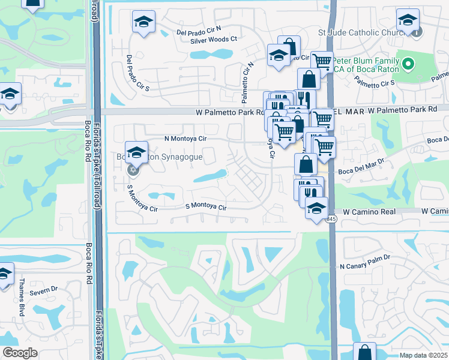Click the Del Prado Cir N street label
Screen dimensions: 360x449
199,31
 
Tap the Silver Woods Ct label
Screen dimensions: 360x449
214,40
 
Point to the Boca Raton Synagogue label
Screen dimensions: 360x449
164,158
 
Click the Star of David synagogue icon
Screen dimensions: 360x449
133,170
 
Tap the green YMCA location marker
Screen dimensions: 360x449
408,63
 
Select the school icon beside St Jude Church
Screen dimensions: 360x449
408,21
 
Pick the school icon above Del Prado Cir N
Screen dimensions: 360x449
143,22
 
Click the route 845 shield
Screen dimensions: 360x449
331,220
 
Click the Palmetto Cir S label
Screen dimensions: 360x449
375,84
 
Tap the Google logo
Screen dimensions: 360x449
20,352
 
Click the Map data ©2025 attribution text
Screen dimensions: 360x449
423,355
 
